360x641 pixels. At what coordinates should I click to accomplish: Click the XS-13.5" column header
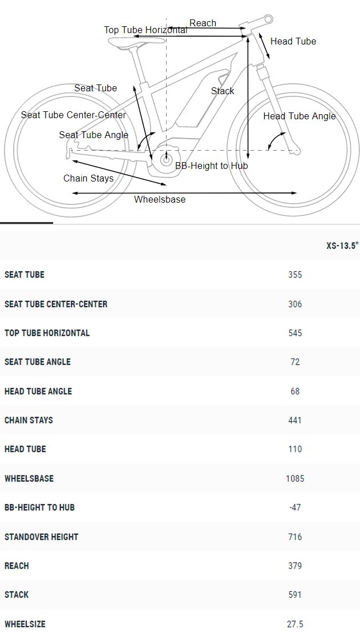pos(342,245)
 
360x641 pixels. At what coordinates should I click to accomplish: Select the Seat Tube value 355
pos(295,275)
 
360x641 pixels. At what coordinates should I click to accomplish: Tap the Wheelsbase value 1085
pos(295,478)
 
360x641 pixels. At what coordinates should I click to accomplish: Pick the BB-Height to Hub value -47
pos(295,507)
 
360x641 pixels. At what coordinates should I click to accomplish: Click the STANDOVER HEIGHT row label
pos(41,537)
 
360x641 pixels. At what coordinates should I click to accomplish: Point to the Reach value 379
pos(295,566)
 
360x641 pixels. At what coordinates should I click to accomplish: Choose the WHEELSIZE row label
pos(25,624)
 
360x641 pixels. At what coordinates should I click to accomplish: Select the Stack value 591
pos(295,595)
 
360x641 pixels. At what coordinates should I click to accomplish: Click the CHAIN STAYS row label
pos(29,420)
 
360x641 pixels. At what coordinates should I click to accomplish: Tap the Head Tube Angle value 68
pos(295,391)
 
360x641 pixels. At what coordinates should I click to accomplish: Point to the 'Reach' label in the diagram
pos(203,23)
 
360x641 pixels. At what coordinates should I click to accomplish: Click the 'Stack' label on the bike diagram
pos(223,91)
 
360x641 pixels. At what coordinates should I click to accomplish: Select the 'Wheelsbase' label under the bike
pos(160,200)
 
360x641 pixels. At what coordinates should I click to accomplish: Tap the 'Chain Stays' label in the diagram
pos(88,178)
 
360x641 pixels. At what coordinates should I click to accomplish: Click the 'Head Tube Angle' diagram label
pos(300,116)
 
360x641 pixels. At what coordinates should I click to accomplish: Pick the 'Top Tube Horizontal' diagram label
pos(145,30)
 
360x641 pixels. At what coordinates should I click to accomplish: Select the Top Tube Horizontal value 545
pos(295,333)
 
